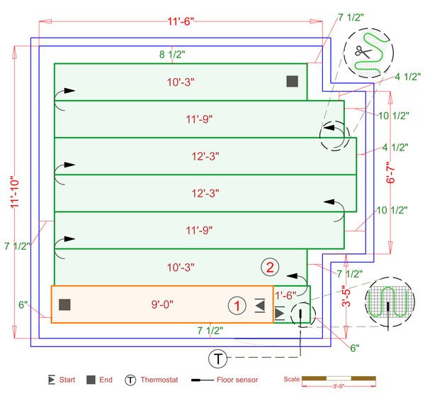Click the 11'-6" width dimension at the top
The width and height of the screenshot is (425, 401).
click(181, 21)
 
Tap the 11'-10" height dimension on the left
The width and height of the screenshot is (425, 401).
click(15, 192)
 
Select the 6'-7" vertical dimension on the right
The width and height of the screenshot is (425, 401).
click(390, 172)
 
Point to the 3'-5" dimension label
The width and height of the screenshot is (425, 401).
click(346, 296)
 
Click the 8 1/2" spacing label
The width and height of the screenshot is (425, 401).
click(172, 55)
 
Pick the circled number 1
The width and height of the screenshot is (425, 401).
click(237, 306)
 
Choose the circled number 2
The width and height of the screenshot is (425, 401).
click(270, 268)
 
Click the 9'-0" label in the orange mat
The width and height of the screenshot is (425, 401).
click(162, 304)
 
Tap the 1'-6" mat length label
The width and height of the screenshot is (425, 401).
click(285, 295)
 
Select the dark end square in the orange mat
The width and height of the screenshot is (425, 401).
click(64, 304)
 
